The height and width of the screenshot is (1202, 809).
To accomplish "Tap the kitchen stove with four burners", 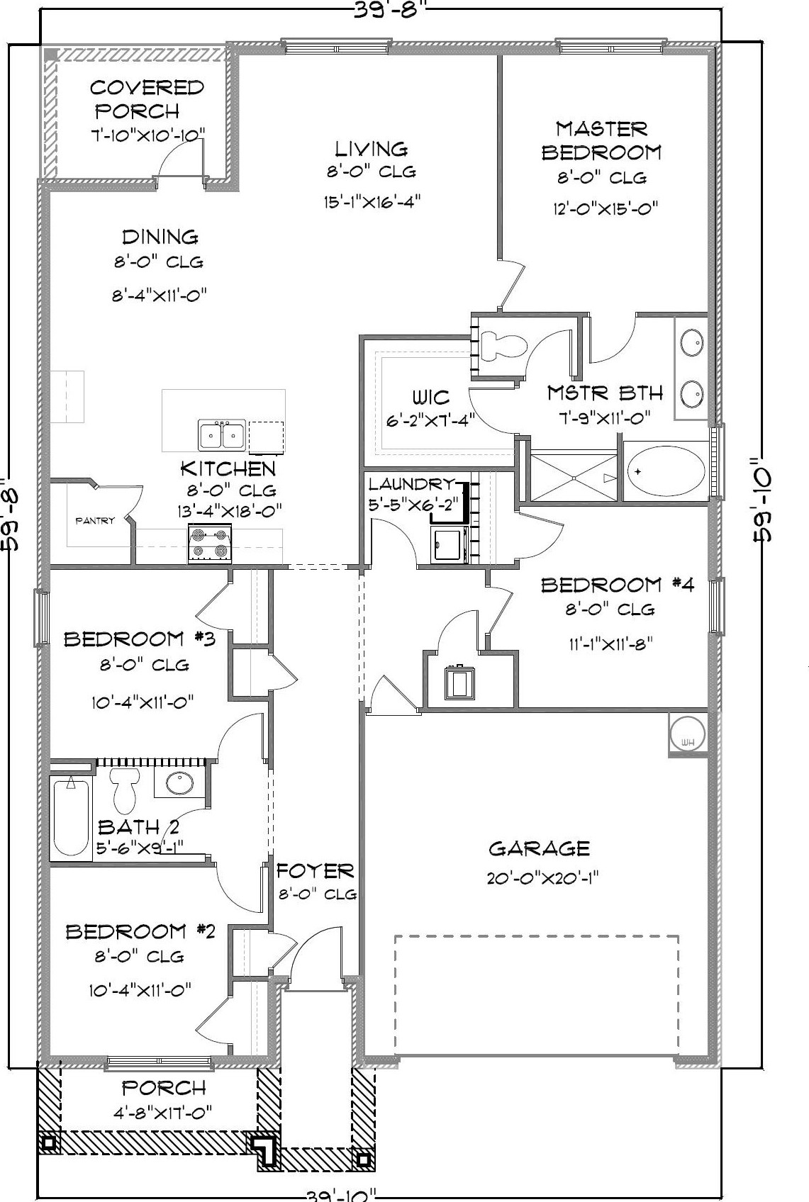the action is pos(210,543).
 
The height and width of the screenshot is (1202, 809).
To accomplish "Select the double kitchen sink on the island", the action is pos(222,434).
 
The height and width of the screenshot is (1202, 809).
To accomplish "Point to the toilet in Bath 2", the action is pos(125,790).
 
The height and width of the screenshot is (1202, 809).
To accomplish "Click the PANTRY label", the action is pos(94,520).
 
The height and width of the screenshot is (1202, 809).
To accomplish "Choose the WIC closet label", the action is pos(430,398).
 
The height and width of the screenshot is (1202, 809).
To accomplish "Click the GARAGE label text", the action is pos(539,848).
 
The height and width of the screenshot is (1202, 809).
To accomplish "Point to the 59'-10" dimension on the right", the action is pos(763,499).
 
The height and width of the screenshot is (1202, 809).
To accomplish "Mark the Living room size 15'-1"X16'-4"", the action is pos(372,202).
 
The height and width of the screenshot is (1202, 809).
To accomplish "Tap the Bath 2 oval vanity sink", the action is pos(180,783).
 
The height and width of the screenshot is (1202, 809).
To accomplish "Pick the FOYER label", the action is pos(315,870).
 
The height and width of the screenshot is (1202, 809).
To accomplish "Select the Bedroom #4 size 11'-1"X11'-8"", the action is pos(610,643).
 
